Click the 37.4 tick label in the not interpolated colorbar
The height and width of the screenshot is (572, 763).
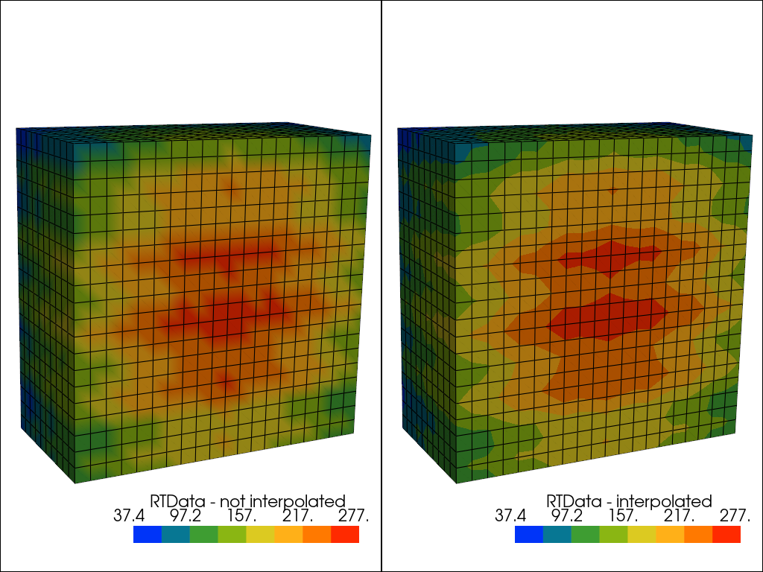tap(129, 515)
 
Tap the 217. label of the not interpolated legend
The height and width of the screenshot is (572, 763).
tap(299, 515)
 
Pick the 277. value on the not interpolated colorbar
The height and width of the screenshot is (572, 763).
tap(354, 515)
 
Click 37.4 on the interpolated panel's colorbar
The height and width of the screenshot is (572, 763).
tap(510, 515)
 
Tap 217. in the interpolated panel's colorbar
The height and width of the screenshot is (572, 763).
tap(680, 515)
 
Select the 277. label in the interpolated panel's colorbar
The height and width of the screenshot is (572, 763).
tap(735, 515)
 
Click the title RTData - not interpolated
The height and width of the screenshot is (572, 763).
tap(248, 501)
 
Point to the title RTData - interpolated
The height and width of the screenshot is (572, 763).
tap(630, 501)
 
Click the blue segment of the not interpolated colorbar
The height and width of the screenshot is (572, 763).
tap(148, 534)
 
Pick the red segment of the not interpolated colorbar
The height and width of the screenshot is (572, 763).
tap(345, 534)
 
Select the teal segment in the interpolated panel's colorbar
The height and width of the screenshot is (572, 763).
tap(557, 534)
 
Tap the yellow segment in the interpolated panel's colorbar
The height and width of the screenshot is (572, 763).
tap(642, 534)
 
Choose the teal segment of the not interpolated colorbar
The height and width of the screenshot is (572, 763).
tap(176, 534)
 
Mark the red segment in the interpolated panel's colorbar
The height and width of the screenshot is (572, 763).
tap(726, 534)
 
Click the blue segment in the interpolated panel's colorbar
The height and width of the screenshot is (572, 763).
tap(529, 534)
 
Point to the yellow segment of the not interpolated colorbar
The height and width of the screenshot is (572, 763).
tap(260, 534)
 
